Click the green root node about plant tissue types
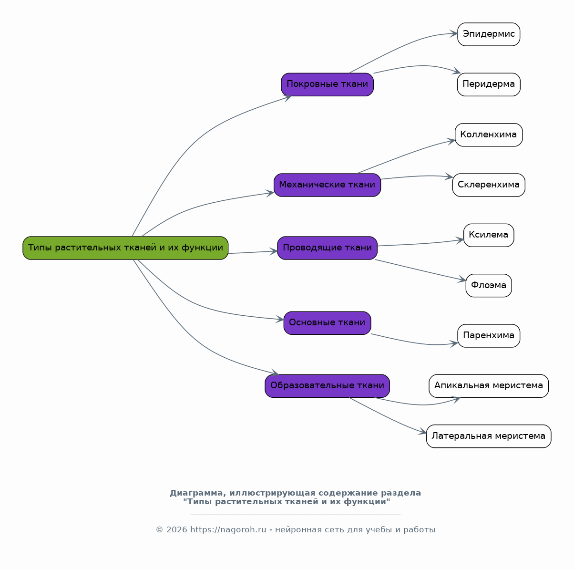tap(125, 248)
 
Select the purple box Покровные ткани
tap(327, 84)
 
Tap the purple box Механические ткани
tap(327, 185)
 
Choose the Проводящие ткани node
tap(327, 248)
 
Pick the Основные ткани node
tap(327, 323)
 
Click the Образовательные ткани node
tap(327, 386)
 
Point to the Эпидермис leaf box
tap(489, 34)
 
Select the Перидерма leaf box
tap(489, 84)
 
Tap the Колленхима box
tap(489, 135)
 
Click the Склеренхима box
tap(489, 185)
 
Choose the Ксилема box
tap(489, 235)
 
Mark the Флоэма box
tap(489, 285)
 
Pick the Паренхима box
tap(489, 336)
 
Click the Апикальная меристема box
tap(489, 386)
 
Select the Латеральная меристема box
tap(489, 436)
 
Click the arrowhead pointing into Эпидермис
tap(454, 33)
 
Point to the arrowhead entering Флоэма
tap(462, 280)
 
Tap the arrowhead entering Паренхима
tap(454, 344)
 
